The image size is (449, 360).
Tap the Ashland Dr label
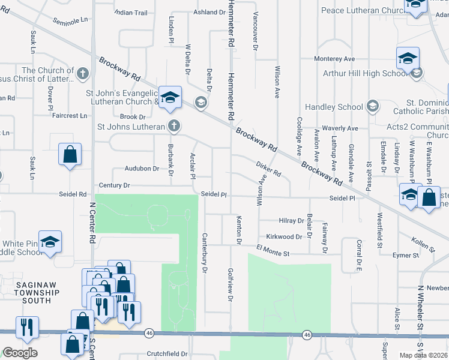tap(209, 12)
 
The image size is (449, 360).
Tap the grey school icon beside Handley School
tap(373, 106)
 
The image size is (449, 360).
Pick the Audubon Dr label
tap(142, 169)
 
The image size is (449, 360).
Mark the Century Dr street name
tap(114, 186)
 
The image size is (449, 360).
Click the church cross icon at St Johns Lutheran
tap(174, 126)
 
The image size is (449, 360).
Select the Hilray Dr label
tap(293, 221)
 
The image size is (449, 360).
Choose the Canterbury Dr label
tap(205, 253)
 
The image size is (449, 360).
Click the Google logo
tap(20, 353)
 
